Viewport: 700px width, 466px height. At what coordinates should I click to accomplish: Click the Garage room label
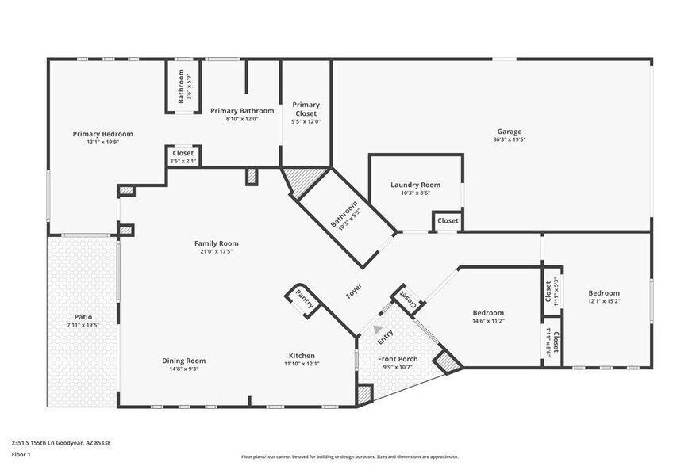point(509,132)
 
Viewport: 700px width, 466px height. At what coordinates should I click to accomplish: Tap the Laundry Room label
point(415,185)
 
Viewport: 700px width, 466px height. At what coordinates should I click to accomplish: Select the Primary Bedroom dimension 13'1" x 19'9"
point(103,143)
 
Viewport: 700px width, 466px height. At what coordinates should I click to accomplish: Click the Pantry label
point(304,300)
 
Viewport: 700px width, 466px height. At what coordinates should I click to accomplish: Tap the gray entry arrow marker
point(378,330)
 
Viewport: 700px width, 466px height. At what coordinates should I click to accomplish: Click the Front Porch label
point(398,359)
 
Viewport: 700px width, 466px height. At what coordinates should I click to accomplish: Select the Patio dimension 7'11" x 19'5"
point(83,325)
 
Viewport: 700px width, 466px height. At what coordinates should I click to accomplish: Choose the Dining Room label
point(184,361)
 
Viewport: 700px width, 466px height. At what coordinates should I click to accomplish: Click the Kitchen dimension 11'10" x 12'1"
point(302,364)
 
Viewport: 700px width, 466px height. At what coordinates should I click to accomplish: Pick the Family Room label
point(217,243)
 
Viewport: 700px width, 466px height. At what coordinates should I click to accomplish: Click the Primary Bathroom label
point(242,111)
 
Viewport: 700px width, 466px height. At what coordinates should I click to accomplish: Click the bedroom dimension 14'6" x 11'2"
point(488,320)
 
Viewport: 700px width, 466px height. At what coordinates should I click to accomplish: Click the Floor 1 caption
point(22,454)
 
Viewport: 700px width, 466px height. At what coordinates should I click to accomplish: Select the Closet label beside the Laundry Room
point(448,220)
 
